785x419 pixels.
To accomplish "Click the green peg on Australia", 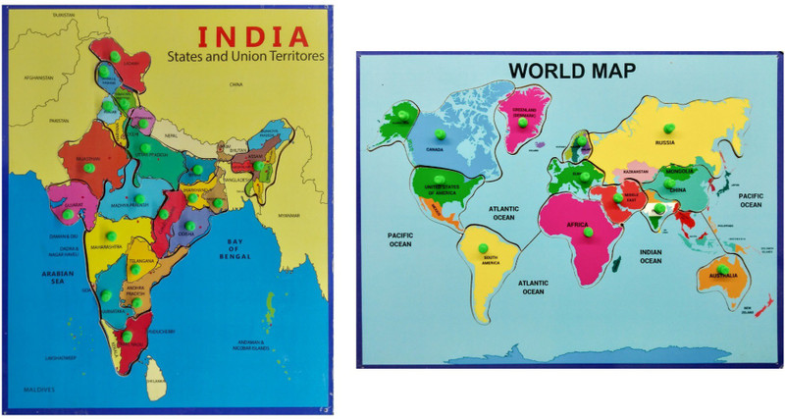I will click(721, 269).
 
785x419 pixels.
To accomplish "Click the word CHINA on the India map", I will click(235, 84).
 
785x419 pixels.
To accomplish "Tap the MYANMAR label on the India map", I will click(286, 215).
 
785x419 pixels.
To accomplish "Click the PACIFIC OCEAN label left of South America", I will click(398, 239).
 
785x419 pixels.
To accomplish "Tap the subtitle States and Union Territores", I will click(244, 59).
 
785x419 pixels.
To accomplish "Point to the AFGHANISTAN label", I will click(38, 78).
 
